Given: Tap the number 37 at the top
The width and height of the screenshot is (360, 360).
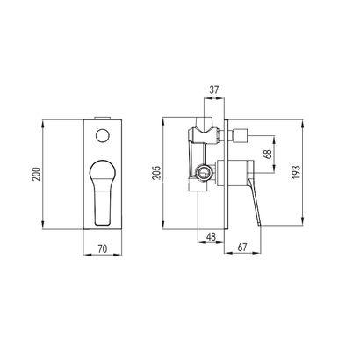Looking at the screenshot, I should [x=214, y=90].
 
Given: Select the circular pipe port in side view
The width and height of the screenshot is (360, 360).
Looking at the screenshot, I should [x=203, y=174].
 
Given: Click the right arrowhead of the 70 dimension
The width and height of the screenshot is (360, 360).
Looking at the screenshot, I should [x=124, y=256].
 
